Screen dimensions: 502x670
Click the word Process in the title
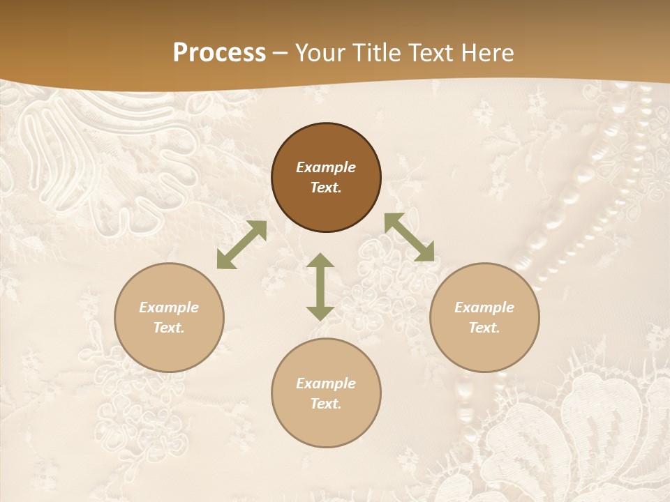219,52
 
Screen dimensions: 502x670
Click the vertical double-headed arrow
320,287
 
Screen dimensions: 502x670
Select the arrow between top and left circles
241,245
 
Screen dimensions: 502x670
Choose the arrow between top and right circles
409,237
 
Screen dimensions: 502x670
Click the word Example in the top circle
326,167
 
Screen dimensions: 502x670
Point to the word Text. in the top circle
326,188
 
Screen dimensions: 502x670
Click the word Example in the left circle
169,307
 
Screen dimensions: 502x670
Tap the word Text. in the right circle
484,328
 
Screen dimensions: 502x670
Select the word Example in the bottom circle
326,383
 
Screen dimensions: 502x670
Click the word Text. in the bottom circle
326,404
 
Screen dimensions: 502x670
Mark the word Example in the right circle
484,307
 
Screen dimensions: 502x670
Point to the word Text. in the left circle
169,328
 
